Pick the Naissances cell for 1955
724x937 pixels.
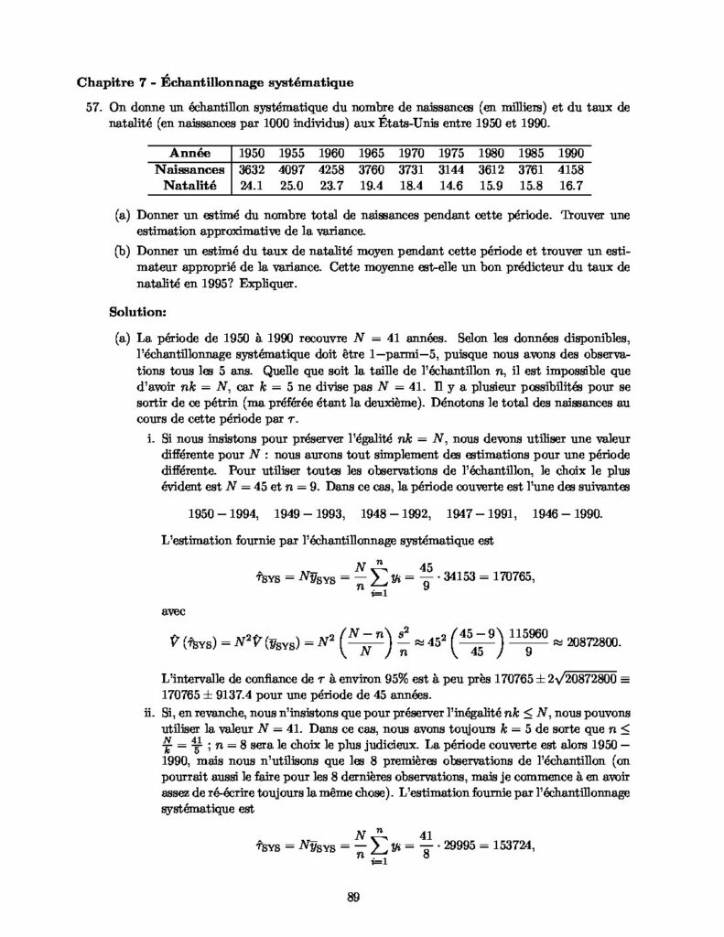tap(291, 169)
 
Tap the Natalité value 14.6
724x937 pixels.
tap(453, 185)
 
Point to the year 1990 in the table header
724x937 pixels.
tap(571, 153)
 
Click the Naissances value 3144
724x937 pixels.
tap(453, 169)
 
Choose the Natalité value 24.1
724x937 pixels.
tap(251, 185)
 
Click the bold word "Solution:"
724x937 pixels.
tap(135, 311)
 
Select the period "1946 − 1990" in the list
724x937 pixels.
tap(563, 513)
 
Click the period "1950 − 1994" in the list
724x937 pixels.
tap(224, 513)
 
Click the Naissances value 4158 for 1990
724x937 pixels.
tap(571, 169)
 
